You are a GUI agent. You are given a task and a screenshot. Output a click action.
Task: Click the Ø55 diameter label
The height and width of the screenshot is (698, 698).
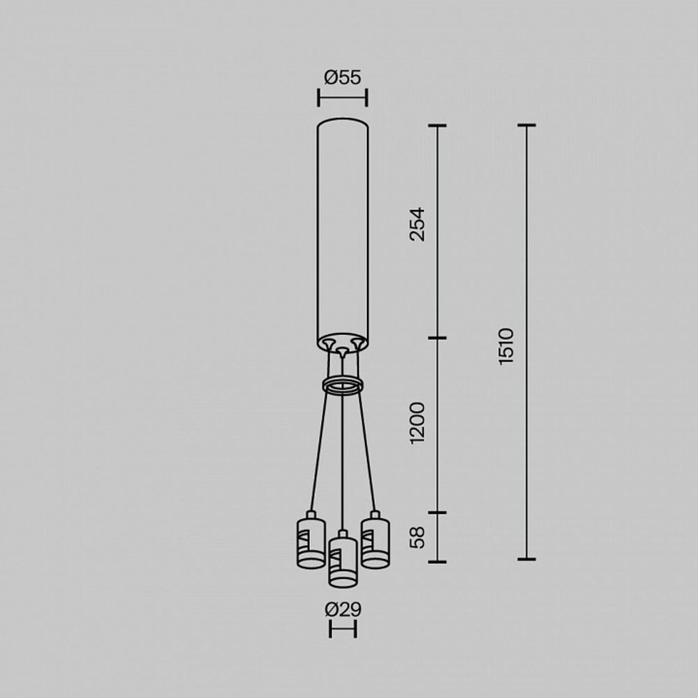pyautogui.click(x=343, y=77)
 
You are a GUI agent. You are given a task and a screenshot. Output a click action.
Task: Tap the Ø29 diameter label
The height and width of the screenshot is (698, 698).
pyautogui.click(x=343, y=609)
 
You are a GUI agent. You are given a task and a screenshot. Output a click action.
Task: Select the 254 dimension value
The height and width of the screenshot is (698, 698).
pyautogui.click(x=417, y=224)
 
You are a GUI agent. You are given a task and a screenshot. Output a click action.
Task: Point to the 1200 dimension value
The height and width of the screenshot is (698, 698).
pyautogui.click(x=417, y=423)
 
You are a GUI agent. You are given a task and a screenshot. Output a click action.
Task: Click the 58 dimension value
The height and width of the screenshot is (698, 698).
pyautogui.click(x=417, y=537)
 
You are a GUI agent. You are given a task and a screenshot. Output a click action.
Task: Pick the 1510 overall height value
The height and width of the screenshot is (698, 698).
pyautogui.click(x=507, y=345)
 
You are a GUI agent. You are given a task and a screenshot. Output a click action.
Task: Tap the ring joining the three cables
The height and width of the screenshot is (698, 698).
pyautogui.click(x=342, y=385)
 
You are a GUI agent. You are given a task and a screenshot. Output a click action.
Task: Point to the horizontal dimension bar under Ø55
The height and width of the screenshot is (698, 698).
pyautogui.click(x=343, y=98)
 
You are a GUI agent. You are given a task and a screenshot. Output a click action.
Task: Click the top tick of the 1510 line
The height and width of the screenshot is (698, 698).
pyautogui.click(x=526, y=126)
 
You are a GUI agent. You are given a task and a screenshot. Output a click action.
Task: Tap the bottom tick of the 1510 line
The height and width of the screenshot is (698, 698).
pyautogui.click(x=526, y=559)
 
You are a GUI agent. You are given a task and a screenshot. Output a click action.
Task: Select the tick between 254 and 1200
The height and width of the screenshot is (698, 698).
pyautogui.click(x=437, y=339)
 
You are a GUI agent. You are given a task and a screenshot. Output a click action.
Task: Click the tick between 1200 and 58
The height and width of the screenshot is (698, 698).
pyautogui.click(x=437, y=513)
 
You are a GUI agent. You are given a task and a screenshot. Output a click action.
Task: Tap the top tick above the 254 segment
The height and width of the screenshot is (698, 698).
pyautogui.click(x=437, y=126)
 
